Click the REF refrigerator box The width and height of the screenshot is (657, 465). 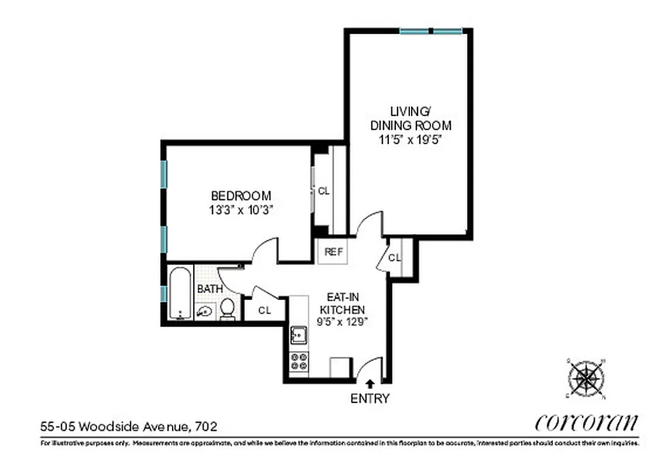[x=333, y=252]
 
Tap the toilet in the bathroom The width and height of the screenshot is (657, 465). [x=227, y=309]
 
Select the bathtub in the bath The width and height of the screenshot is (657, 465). [x=180, y=294]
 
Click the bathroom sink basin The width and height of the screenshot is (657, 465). [x=205, y=312]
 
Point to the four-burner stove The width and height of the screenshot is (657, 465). [x=299, y=362]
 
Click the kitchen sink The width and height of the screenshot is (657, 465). [x=299, y=335]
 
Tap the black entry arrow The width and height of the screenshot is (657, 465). [x=370, y=382]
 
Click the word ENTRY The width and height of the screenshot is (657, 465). [x=370, y=399]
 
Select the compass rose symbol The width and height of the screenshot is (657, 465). [x=585, y=379]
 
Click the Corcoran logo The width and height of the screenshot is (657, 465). [x=585, y=422]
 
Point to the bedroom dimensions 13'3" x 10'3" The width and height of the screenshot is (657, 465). [x=241, y=210]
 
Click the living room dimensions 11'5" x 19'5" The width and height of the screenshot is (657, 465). [x=410, y=139]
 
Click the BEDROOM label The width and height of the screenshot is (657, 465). [x=241, y=196]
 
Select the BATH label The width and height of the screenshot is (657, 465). [x=209, y=289]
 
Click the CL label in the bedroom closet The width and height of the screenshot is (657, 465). [x=323, y=191]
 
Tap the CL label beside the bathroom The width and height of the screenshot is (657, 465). [x=265, y=310]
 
